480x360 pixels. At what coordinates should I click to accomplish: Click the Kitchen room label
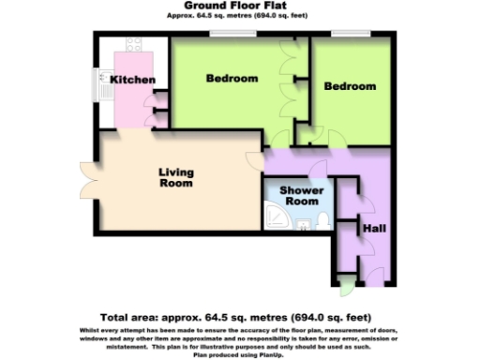click(x=133, y=80)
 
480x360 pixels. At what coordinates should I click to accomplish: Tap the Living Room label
click(x=175, y=177)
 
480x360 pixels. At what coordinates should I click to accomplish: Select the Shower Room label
click(x=302, y=195)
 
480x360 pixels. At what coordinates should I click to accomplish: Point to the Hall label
click(x=374, y=229)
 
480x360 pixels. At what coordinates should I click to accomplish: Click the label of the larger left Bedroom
click(x=232, y=79)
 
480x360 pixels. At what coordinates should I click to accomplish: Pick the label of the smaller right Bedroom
click(x=350, y=86)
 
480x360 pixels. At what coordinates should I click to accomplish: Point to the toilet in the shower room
click(x=321, y=221)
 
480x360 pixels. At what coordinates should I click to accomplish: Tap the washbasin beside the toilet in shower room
click(x=303, y=222)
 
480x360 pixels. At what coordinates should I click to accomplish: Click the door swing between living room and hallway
click(x=253, y=158)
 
